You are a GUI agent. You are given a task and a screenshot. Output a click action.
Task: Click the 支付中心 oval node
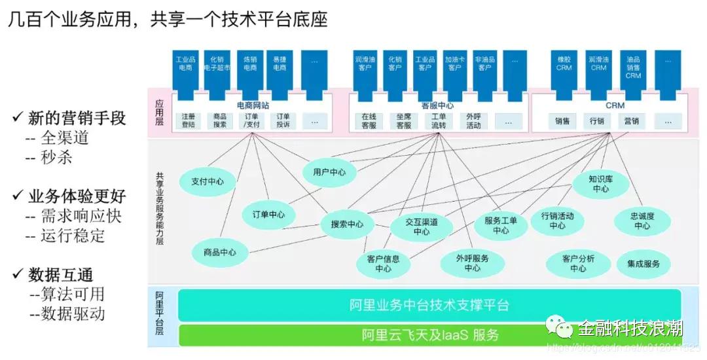coord(207,182)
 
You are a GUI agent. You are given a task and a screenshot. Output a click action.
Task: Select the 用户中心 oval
coord(329,173)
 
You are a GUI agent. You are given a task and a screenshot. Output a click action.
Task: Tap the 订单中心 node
coord(268,214)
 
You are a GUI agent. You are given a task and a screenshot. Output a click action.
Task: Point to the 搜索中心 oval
coord(347,224)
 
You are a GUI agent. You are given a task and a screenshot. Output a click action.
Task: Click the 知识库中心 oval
coord(600,183)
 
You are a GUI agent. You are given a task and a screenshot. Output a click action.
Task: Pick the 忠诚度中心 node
coord(642,221)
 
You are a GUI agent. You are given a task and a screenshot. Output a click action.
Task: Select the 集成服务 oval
coord(644,264)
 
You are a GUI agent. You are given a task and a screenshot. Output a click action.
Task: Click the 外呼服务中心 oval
coord(472,263)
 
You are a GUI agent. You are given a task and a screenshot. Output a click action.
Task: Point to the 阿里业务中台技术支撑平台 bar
coord(429,305)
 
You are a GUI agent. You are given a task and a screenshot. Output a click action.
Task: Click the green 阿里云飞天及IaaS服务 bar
coord(429,335)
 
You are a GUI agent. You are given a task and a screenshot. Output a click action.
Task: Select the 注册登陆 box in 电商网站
coord(189,120)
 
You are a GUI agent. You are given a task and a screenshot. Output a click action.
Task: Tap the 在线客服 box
coord(369,120)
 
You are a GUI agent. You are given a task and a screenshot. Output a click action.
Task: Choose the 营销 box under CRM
coord(631,121)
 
